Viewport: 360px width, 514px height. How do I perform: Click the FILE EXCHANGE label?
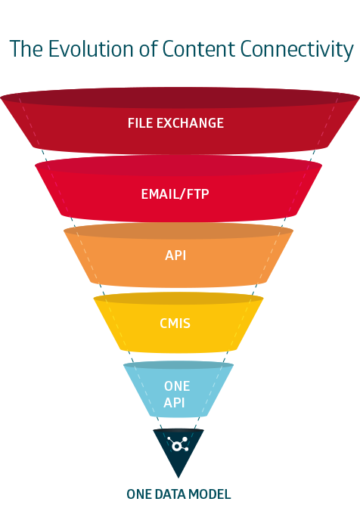[175, 122]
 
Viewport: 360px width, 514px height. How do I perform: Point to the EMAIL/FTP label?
[175, 194]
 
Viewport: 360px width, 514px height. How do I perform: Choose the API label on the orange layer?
[175, 255]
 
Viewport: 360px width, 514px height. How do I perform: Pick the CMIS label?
[175, 324]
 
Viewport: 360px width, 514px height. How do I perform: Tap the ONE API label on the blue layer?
[177, 394]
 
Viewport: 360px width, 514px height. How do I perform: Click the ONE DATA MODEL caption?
[178, 494]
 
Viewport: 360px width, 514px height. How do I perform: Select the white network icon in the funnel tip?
[179, 444]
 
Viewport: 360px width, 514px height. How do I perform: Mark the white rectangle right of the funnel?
[318, 404]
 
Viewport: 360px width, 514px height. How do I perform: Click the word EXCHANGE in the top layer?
[190, 122]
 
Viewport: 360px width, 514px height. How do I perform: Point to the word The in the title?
[26, 50]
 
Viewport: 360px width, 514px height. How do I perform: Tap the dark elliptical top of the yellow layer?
[178, 299]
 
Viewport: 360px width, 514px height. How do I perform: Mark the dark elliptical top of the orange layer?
[178, 231]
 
